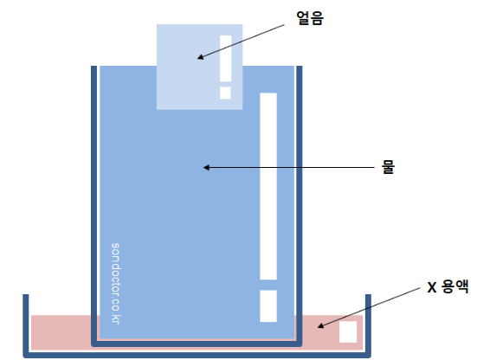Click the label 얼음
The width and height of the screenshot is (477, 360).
pos(310,18)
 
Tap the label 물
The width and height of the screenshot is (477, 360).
pos(388,167)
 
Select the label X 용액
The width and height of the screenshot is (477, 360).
pos(448,286)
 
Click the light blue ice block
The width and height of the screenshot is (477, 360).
pos(200,67)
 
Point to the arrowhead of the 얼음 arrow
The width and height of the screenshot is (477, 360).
pos(200,57)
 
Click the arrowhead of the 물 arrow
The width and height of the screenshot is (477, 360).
pos(206,168)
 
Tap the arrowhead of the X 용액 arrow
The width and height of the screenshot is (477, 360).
pos(320,325)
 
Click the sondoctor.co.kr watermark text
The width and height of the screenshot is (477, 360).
pos(116,283)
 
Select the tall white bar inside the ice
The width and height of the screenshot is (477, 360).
pos(226,59)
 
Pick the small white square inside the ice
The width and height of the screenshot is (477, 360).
pos(225,93)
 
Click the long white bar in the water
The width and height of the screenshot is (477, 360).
pos(268,186)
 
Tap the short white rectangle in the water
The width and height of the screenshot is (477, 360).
pos(268,305)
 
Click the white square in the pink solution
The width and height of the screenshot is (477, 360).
pos(348,331)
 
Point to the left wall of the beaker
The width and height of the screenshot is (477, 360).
pos(94,205)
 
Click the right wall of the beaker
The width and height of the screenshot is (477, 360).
pos(299,205)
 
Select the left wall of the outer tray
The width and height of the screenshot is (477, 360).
pos(26,325)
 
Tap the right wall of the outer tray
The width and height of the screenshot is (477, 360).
pos(368,325)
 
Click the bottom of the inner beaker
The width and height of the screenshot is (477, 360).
pos(197,344)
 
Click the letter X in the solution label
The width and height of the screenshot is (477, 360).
pos(432,287)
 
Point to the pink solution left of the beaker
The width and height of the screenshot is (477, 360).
pos(61,332)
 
